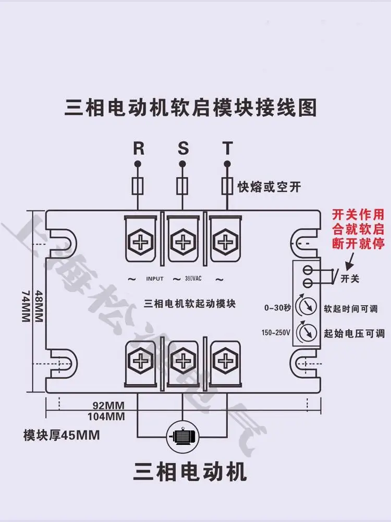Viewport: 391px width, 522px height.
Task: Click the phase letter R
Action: tap(138, 149)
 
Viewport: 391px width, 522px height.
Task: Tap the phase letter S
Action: tap(183, 149)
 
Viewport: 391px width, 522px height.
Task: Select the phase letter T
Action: tap(227, 149)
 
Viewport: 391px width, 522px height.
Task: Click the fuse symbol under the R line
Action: tap(138, 186)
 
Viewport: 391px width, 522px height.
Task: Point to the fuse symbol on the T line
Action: tap(227, 186)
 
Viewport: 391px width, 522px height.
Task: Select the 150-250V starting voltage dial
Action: tap(307, 332)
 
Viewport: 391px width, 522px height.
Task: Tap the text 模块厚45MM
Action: tap(62, 435)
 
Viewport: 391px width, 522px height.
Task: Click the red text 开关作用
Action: tap(358, 215)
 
